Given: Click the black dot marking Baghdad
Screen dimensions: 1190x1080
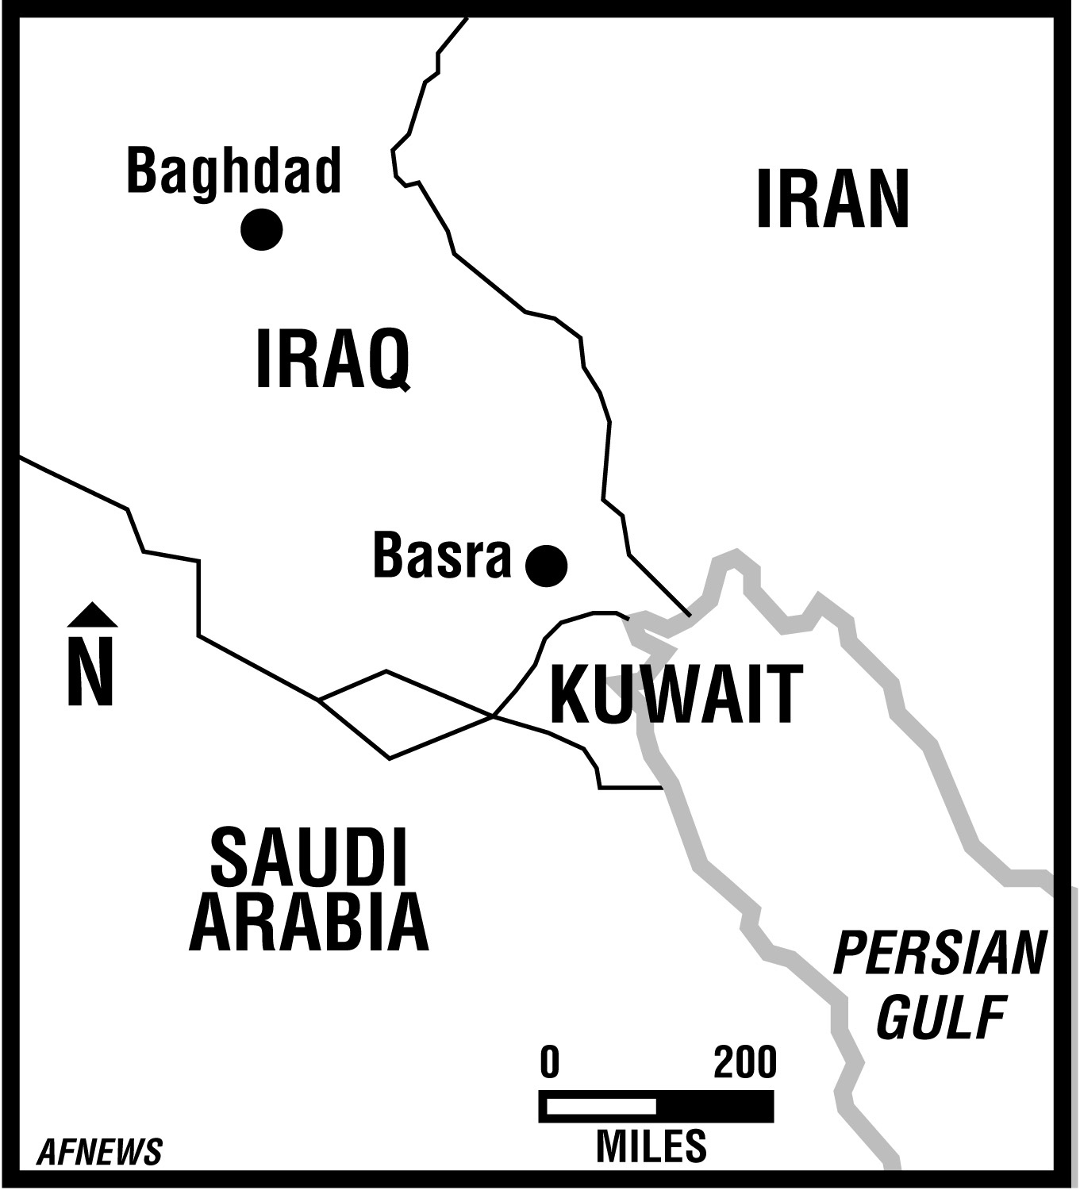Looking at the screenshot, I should (262, 229).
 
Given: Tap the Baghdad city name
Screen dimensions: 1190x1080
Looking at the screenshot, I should (234, 172).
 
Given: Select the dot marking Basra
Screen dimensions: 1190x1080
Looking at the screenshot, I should (547, 566).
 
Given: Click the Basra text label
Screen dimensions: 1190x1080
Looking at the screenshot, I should (442, 556).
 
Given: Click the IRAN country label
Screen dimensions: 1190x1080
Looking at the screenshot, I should (832, 199).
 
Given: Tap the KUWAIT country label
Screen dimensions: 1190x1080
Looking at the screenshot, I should (676, 696).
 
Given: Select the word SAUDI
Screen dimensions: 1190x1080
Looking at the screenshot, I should (309, 858).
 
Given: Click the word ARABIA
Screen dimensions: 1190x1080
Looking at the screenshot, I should (309, 923).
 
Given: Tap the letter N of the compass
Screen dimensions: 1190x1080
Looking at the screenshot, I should (91, 671).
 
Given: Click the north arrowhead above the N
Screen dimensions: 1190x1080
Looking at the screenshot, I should (92, 614).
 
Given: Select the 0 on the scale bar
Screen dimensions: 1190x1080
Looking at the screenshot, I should (550, 1062).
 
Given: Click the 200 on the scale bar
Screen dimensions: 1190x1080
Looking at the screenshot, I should (744, 1062).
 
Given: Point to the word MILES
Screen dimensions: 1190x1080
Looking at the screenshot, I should (651, 1146).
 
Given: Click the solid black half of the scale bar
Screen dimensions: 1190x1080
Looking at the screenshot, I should (714, 1107).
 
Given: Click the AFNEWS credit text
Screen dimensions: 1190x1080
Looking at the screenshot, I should (99, 1152).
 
